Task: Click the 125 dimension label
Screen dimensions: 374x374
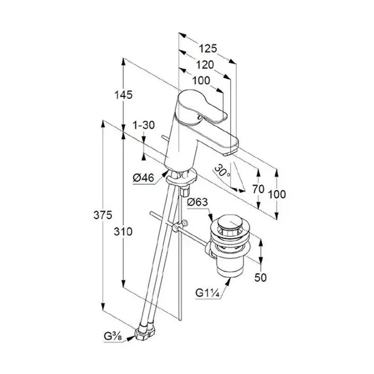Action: [208, 49]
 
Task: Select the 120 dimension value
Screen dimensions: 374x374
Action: [205, 65]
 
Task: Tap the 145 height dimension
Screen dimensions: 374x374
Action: [123, 95]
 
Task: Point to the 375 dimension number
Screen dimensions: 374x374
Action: [103, 216]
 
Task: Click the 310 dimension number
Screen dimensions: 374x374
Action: [123, 231]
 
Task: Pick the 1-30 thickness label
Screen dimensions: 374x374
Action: [144, 125]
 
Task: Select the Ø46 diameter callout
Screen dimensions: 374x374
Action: [144, 178]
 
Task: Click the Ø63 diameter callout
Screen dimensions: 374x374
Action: [197, 202]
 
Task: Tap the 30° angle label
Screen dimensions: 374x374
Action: [222, 171]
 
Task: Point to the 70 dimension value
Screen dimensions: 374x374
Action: [259, 189]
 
